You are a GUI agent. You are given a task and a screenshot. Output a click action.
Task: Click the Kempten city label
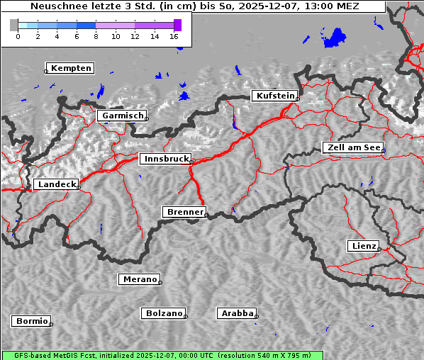(71, 68)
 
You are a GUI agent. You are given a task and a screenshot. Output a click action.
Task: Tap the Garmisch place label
(123, 116)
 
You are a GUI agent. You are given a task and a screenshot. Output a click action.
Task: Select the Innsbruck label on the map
(164, 159)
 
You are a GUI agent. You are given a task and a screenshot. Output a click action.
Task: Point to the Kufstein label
(274, 96)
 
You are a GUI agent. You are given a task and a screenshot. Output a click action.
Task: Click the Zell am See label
(352, 147)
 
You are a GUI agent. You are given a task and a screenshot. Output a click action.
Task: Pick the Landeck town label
(55, 184)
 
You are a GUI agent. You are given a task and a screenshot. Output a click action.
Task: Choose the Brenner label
(184, 212)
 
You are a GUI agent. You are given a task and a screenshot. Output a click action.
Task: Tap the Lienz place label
(363, 246)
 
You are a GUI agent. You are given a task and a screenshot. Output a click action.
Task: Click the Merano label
(139, 279)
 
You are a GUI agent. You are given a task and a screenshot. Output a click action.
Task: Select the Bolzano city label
(164, 313)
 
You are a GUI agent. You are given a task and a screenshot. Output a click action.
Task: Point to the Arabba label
(236, 313)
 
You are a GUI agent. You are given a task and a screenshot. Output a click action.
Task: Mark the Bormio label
(31, 321)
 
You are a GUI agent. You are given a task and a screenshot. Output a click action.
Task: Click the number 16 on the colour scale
(174, 36)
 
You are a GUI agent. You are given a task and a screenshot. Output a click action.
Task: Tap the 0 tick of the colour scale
(18, 36)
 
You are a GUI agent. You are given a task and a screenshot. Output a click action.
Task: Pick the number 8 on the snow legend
(96, 36)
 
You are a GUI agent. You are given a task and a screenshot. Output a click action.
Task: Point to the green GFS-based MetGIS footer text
(162, 355)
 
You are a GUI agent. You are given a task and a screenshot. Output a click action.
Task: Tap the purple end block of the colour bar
(177, 25)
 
